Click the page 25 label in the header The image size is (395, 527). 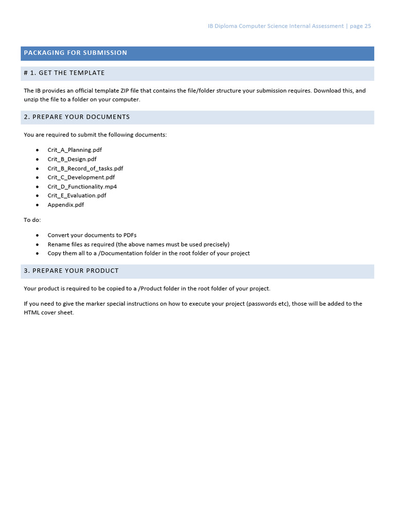coord(360,26)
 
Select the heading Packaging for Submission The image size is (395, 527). coord(75,53)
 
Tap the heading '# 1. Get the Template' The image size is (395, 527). coord(64,73)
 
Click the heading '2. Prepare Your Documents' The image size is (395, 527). coord(77,117)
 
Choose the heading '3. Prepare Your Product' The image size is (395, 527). coord(71,271)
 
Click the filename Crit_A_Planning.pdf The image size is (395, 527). coord(75,150)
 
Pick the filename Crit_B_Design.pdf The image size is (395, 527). coord(72,159)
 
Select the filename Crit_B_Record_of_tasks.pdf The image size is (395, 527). coord(85,168)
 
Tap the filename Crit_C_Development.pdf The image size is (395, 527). coord(81,178)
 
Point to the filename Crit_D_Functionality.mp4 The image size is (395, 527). coord(82,187)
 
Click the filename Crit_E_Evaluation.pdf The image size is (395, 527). coord(77,196)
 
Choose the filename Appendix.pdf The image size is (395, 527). coord(66,205)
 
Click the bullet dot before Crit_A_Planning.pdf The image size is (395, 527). coord(38,150)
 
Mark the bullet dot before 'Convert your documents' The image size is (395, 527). coord(38,235)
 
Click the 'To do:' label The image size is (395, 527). coord(32,220)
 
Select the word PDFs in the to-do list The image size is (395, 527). coord(130,235)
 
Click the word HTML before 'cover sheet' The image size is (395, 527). coord(31,313)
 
